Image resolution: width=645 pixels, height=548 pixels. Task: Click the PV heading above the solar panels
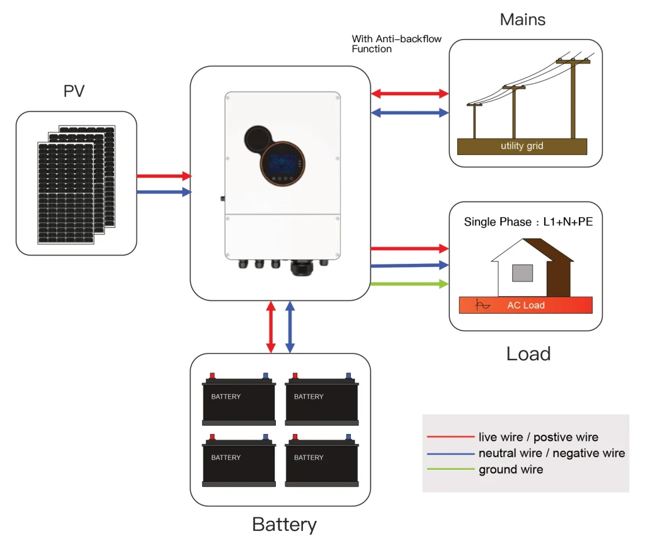74,91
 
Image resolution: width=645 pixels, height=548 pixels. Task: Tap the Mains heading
522,20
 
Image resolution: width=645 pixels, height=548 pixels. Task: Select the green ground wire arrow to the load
409,284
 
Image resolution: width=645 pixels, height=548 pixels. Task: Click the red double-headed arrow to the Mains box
409,94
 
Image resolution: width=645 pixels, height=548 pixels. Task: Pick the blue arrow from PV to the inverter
164,192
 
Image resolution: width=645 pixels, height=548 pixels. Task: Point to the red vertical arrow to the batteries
271,326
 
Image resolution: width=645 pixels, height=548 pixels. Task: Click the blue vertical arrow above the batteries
290,326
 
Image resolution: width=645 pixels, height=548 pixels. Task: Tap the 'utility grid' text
522,146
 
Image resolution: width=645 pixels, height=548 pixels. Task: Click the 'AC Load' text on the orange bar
526,305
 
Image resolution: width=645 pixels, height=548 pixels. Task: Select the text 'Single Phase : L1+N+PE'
528,222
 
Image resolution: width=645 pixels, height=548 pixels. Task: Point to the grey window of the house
522,273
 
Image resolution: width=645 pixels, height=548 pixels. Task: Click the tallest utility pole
573,98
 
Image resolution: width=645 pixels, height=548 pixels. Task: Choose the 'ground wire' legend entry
510,469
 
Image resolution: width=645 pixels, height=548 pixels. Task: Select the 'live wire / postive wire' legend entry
538,437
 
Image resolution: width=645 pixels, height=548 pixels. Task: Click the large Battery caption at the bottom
284,524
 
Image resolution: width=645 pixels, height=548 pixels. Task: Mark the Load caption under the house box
528,353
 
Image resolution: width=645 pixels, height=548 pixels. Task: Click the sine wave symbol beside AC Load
482,305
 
